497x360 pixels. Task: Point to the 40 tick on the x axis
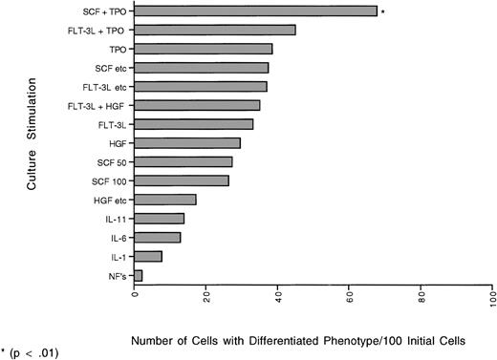point(278,298)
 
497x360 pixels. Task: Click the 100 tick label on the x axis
point(493,298)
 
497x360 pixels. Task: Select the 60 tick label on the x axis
point(350,298)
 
